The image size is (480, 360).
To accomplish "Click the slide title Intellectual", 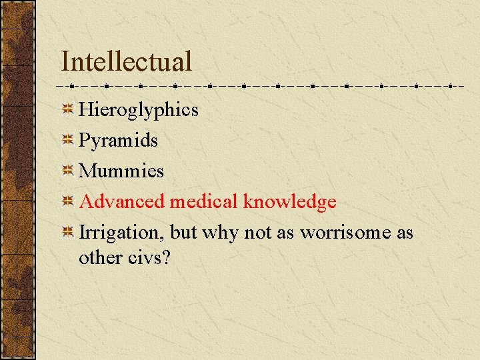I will click(x=126, y=61).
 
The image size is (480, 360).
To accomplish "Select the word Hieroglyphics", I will click(x=139, y=109).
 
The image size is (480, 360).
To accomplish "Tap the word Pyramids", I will click(x=118, y=140).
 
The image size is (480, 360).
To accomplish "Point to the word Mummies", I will click(x=121, y=171).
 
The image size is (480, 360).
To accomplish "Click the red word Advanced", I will click(x=122, y=201).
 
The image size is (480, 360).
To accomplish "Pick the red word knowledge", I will click(x=289, y=201).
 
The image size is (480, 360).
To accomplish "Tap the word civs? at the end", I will click(x=151, y=257).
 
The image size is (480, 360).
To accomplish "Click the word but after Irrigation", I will click(x=183, y=233).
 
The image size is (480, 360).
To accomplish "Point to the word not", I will click(x=258, y=233).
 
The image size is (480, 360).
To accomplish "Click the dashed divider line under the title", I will click(x=260, y=86).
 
